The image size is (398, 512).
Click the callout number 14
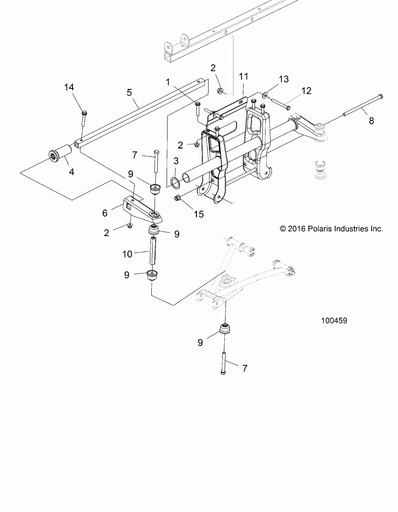(x=69, y=87)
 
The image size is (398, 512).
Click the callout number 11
(x=243, y=76)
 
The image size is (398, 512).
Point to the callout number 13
(x=284, y=79)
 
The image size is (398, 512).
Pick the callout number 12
(x=306, y=90)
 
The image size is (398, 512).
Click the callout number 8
(x=371, y=121)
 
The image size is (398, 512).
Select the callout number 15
(x=199, y=214)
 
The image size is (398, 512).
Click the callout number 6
(x=105, y=213)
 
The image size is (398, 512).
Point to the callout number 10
(x=128, y=254)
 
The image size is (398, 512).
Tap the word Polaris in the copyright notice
(x=318, y=229)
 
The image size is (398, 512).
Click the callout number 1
(x=168, y=82)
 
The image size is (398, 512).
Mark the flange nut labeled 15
(x=176, y=198)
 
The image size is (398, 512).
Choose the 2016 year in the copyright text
(x=297, y=229)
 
